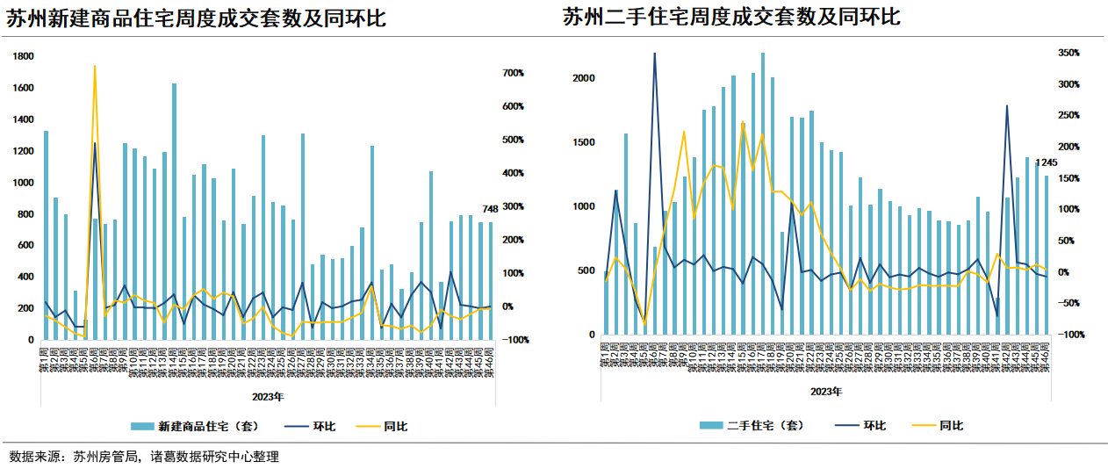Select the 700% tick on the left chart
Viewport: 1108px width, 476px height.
click(x=513, y=73)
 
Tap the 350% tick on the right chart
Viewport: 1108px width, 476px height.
click(x=1069, y=54)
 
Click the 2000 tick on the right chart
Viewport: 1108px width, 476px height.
click(x=585, y=78)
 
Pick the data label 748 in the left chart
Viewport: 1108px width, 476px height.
click(x=490, y=209)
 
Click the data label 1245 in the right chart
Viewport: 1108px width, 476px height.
click(x=1047, y=162)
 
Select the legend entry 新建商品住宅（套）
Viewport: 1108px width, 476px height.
click(x=206, y=427)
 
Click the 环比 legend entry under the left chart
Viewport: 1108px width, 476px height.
click(x=324, y=427)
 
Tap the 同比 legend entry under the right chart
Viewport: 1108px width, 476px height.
click(x=951, y=425)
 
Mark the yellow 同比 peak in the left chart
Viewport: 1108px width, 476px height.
click(x=95, y=66)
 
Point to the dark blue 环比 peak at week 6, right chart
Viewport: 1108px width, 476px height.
click(x=654, y=54)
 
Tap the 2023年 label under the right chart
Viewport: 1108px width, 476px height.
click(x=826, y=391)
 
